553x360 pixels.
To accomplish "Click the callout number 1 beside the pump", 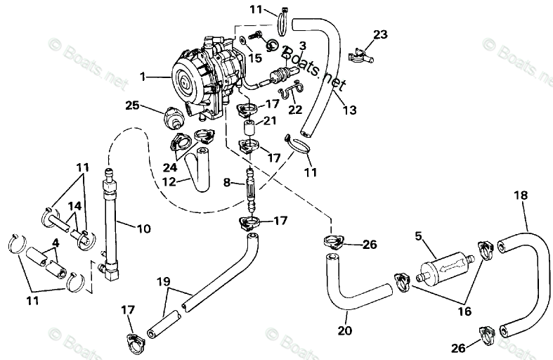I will pyautogui.click(x=144, y=75).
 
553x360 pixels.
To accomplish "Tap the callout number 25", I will pyautogui.click(x=133, y=105).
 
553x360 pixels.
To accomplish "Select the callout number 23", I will pyautogui.click(x=380, y=34).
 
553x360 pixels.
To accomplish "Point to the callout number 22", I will pyautogui.click(x=296, y=109).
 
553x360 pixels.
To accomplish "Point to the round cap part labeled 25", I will pyautogui.click(x=171, y=115).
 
